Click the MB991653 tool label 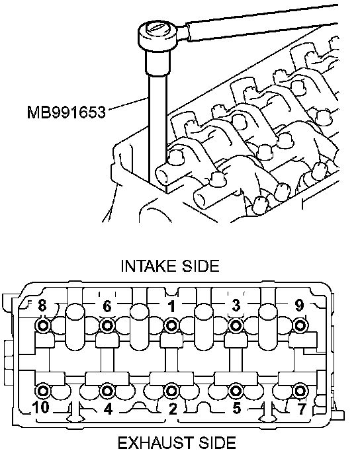(66, 112)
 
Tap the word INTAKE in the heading (149, 266)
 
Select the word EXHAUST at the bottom (156, 443)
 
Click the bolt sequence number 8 (42, 306)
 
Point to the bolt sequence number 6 (107, 306)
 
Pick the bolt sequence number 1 (172, 306)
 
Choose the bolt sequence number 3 (236, 306)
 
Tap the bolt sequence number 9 (300, 306)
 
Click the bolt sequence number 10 (41, 407)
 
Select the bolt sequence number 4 (108, 409)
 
